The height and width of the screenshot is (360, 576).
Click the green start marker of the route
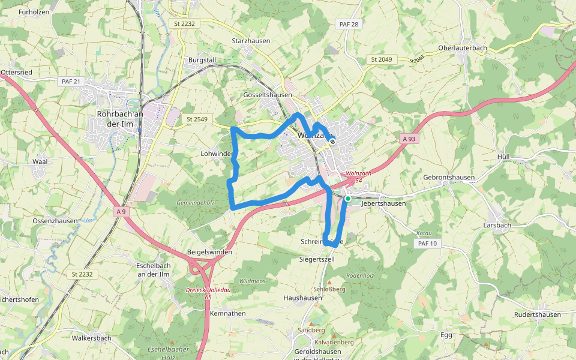click(347, 198)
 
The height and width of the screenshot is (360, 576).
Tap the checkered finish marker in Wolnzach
click(332, 142)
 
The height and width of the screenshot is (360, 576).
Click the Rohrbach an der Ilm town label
click(120, 119)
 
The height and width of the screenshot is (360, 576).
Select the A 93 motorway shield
click(409, 139)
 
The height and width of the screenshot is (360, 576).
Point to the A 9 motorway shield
click(122, 211)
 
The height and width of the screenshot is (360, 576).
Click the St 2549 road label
click(197, 119)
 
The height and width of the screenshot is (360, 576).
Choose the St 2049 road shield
click(381, 59)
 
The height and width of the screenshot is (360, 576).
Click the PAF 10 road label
click(427, 244)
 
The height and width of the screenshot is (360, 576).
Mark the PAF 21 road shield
click(70, 81)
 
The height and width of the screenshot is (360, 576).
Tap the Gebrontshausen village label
click(449, 178)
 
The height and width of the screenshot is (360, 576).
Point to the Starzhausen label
click(251, 41)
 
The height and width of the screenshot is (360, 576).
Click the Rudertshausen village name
click(538, 314)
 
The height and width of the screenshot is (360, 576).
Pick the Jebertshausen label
click(384, 203)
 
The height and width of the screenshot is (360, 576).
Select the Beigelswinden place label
click(209, 252)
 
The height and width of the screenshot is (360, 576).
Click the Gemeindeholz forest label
click(195, 203)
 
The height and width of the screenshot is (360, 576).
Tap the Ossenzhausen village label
click(55, 221)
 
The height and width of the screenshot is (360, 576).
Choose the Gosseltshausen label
click(268, 95)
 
